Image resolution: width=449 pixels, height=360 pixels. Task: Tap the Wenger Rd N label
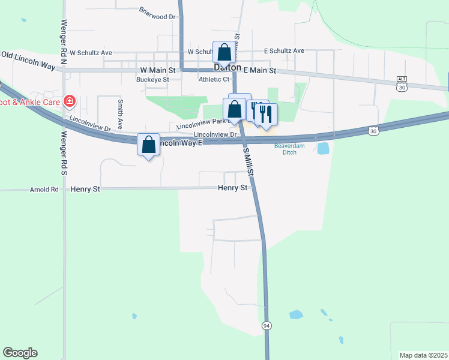[x=63, y=37]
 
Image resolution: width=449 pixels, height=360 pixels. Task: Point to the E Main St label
[x=259, y=70]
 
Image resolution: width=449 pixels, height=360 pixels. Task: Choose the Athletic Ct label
[x=214, y=79]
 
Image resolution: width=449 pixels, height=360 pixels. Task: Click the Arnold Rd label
[x=44, y=190]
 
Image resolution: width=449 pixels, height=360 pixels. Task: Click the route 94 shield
[x=266, y=325]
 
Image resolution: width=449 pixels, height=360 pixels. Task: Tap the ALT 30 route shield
[x=402, y=83]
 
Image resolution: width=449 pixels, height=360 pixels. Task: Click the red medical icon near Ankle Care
[x=70, y=101]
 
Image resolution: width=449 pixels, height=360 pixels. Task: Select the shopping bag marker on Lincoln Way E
[x=148, y=145]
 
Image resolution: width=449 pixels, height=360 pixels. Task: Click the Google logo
[x=20, y=353]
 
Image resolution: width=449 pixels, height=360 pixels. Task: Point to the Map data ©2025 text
[x=423, y=355]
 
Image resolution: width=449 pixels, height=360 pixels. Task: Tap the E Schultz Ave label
[x=285, y=51]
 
